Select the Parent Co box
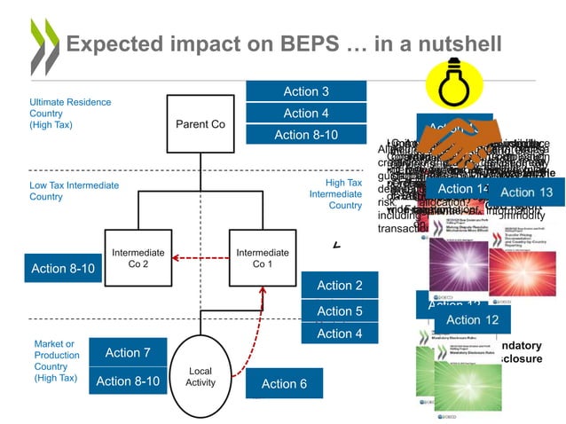pyautogui.click(x=200, y=125)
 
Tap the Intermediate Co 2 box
pyautogui.click(x=132, y=258)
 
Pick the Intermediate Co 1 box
pyautogui.click(x=258, y=258)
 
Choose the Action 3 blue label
pyautogui.click(x=306, y=91)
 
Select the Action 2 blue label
pyautogui.click(x=340, y=285)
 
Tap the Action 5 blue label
pyautogui.click(x=340, y=311)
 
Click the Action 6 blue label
pyautogui.click(x=284, y=383)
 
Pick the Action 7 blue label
pyautogui.click(x=128, y=353)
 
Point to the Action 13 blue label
pyautogui.click(x=526, y=192)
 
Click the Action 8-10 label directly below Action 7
pyautogui.click(x=128, y=381)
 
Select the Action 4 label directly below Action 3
pyautogui.click(x=306, y=114)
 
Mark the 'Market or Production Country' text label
pyautogui.click(x=57, y=360)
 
